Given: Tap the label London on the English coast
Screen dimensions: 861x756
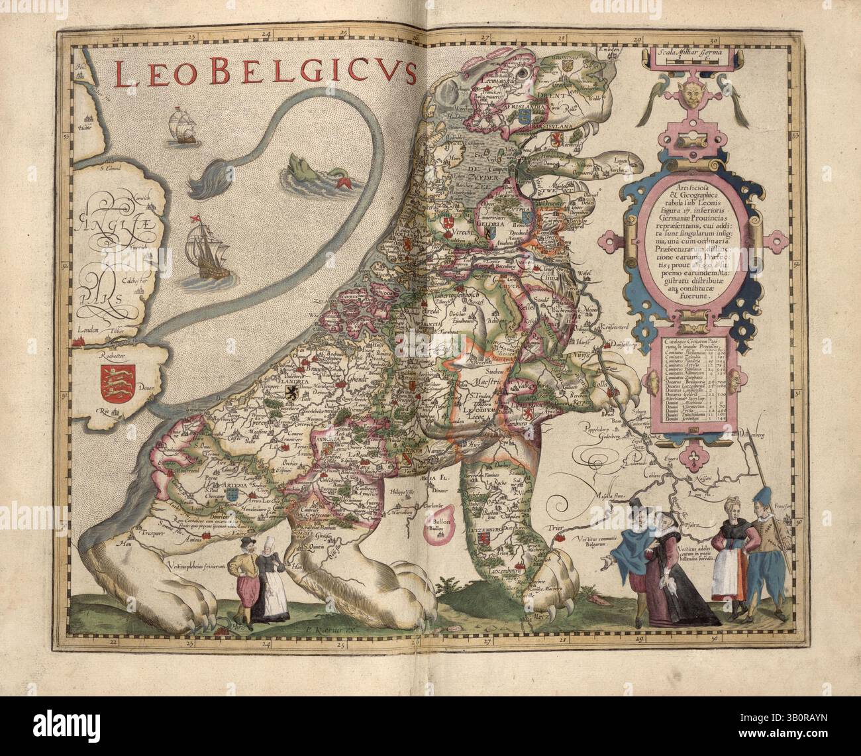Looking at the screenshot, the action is click(87, 330).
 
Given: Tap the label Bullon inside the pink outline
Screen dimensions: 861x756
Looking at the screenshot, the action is click(435, 527).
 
